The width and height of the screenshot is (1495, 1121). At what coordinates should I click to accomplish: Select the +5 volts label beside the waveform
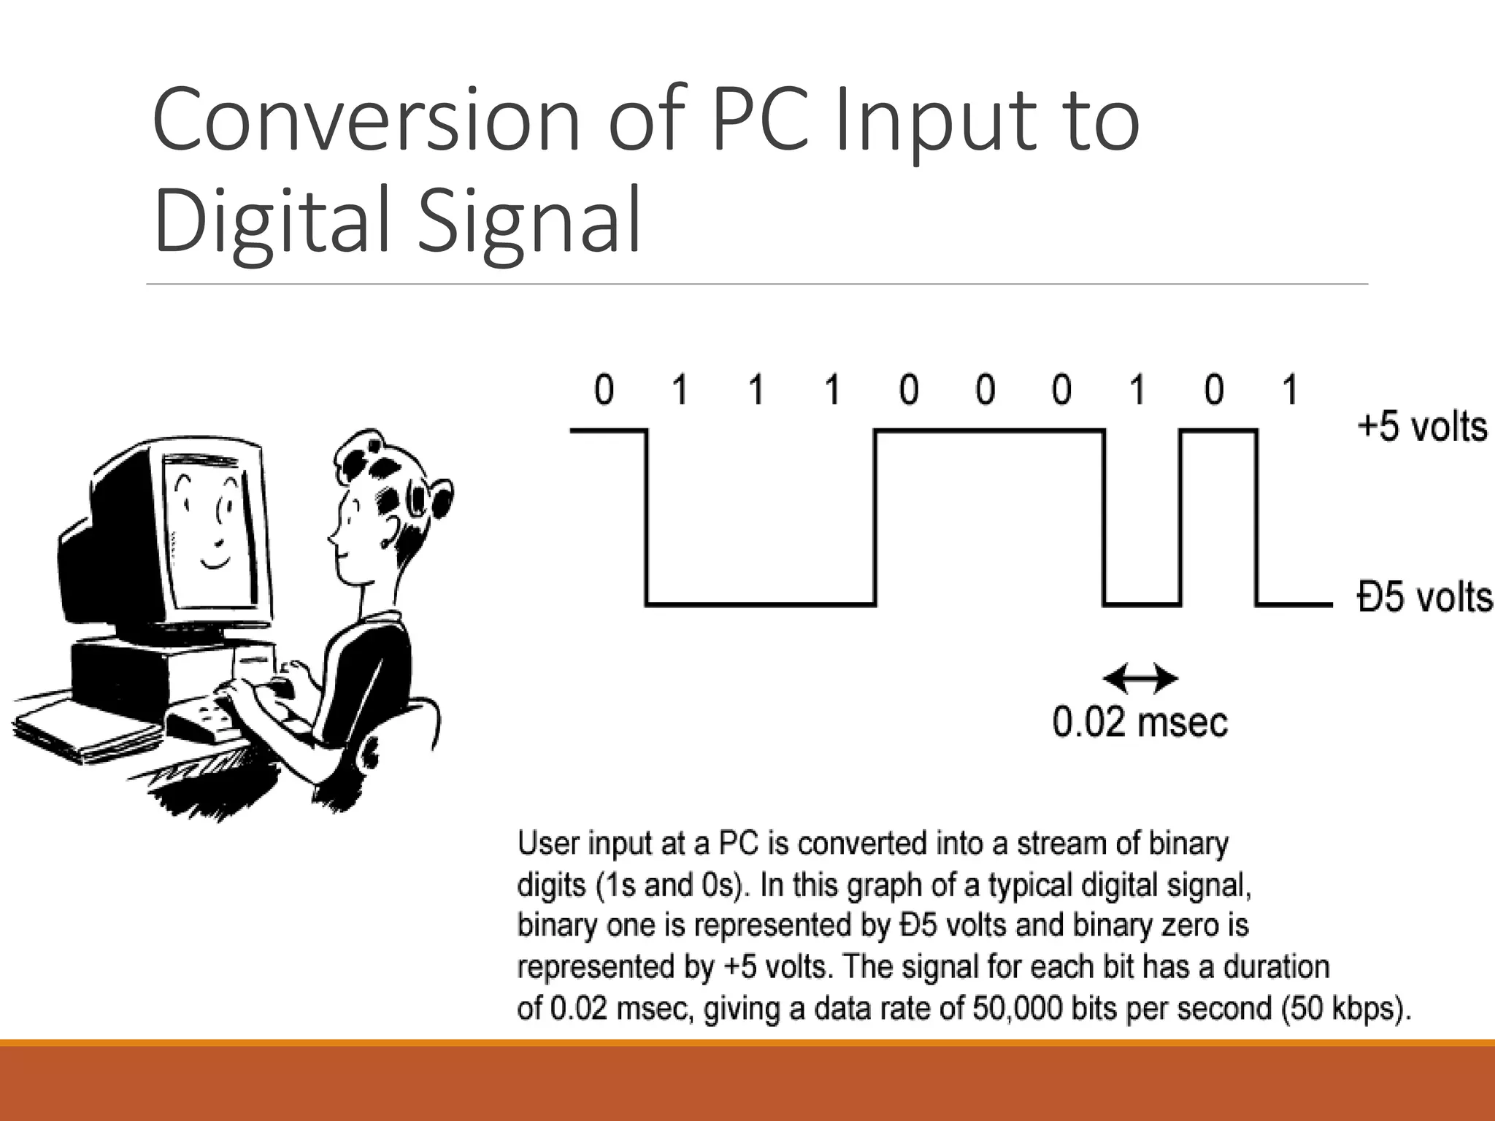1421,427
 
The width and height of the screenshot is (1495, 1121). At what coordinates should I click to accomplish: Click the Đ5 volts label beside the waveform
1424,597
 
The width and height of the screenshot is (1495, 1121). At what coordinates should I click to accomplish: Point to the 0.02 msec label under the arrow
1139,723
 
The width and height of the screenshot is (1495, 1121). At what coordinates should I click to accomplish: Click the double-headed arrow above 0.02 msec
1139,679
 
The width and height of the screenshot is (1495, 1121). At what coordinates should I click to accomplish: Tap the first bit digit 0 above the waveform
604,389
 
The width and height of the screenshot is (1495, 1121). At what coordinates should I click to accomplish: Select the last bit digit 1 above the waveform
1290,389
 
